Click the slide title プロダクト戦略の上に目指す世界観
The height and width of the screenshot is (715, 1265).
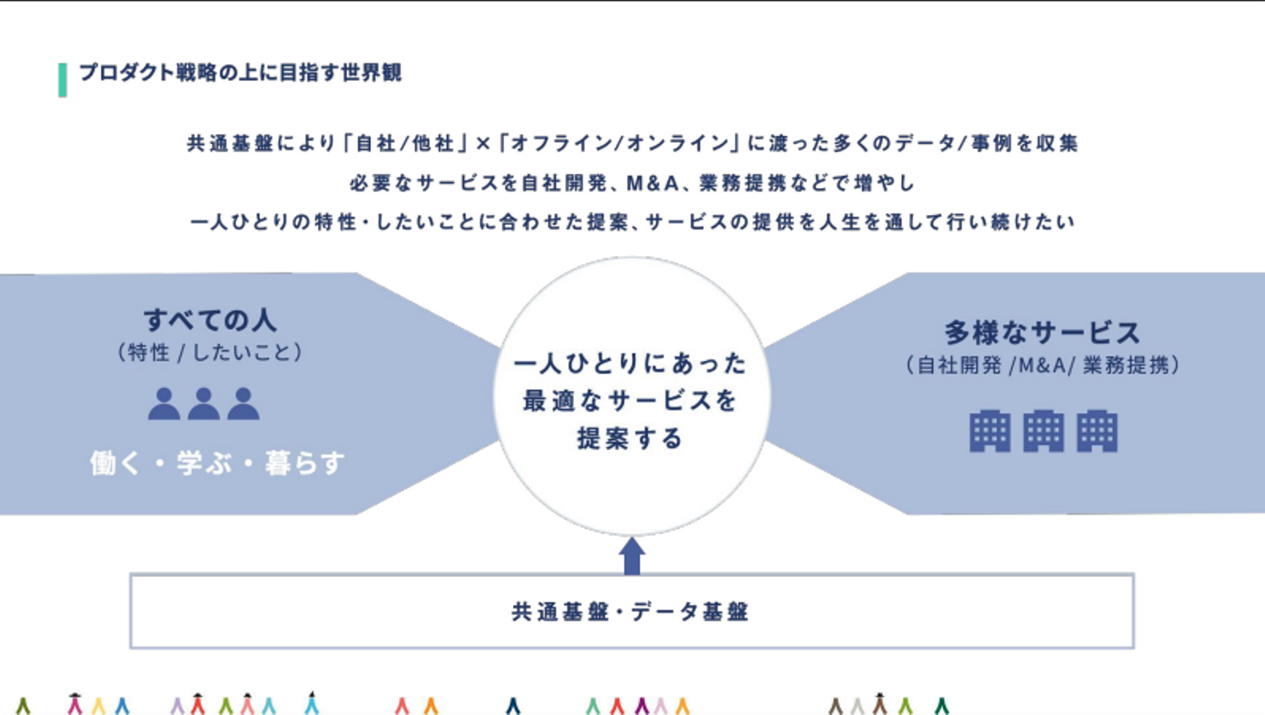(x=240, y=73)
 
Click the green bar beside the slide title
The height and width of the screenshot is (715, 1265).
(x=62, y=80)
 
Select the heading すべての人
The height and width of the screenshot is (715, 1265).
(x=210, y=320)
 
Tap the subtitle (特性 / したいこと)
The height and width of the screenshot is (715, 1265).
(x=210, y=353)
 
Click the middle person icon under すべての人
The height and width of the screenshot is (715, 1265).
(x=204, y=404)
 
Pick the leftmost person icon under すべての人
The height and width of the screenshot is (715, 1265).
(x=164, y=404)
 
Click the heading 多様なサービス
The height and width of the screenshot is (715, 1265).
(x=1043, y=332)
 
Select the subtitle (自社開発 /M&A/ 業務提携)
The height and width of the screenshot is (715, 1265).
(x=1043, y=365)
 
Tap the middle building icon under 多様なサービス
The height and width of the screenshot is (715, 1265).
(x=1044, y=431)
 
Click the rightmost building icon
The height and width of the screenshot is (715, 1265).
(x=1097, y=431)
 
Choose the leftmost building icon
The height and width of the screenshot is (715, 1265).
(x=990, y=431)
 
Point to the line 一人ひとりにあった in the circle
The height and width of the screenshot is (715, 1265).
(x=630, y=363)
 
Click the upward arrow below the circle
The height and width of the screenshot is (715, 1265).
(x=632, y=556)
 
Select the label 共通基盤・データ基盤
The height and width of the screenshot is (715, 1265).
(x=630, y=611)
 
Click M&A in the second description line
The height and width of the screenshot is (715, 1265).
(x=652, y=184)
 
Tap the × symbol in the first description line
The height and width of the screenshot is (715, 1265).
(x=481, y=144)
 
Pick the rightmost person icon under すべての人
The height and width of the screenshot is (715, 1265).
(x=243, y=404)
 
